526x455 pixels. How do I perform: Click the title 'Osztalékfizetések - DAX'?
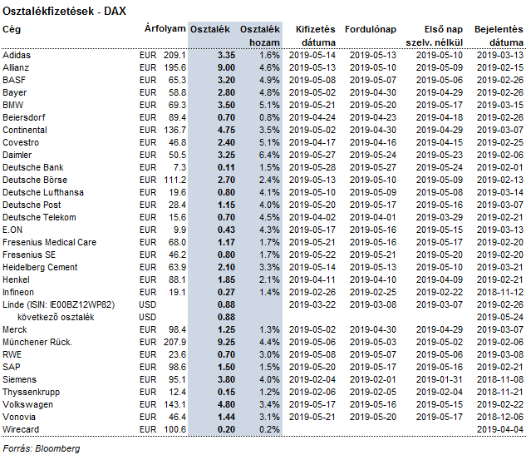click(64, 12)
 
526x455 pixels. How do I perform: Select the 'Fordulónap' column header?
click(371, 30)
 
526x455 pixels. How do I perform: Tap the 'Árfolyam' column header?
click(165, 28)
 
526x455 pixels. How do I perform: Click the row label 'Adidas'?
click(17, 55)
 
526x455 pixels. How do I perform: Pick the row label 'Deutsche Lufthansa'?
click(43, 192)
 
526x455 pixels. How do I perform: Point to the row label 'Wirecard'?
click(21, 429)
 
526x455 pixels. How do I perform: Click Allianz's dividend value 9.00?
click(226, 68)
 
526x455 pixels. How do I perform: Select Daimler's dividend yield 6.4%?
click(269, 156)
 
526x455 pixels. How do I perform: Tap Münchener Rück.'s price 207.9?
click(175, 342)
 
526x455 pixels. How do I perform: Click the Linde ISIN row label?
click(59, 305)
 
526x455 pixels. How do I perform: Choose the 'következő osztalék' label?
click(56, 317)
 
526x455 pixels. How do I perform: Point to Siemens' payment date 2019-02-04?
click(312, 379)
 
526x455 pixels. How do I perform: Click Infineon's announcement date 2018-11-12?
click(500, 292)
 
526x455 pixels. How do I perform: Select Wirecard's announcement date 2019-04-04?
click(500, 429)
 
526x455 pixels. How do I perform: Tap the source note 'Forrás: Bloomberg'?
click(42, 448)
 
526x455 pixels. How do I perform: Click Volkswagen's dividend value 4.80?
click(226, 404)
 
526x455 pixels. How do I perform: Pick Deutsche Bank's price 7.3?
click(179, 167)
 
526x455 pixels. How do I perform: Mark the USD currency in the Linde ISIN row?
click(148, 305)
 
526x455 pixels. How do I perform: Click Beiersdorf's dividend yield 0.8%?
click(269, 117)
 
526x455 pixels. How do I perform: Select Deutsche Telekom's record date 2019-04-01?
click(373, 217)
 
